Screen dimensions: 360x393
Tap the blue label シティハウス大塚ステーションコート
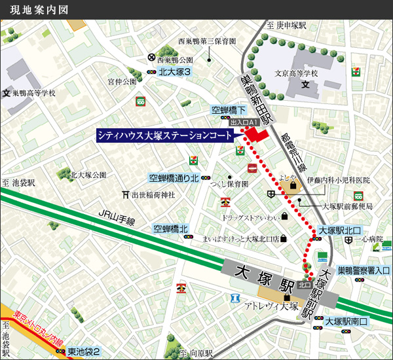(x=164, y=135)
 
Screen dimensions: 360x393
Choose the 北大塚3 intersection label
(x=175, y=73)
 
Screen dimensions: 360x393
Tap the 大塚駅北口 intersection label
(x=340, y=230)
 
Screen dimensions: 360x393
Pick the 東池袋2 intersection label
(x=84, y=351)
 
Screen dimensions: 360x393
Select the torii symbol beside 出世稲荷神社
(x=126, y=194)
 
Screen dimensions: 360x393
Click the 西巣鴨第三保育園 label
(x=206, y=41)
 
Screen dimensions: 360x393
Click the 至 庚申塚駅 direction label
(x=286, y=25)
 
